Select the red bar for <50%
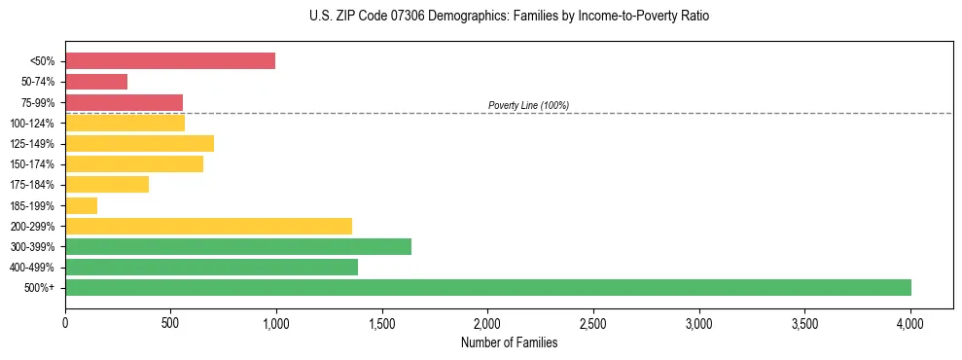pos(170,61)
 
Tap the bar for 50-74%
pos(96,82)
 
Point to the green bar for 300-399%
pos(238,246)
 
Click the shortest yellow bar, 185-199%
pos(82,205)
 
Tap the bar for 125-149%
pos(139,144)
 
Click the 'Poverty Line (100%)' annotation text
pos(528,105)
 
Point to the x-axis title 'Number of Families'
pos(509,342)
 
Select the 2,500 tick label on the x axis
pos(593,322)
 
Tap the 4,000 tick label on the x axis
pos(910,322)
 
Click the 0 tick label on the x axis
pos(65,322)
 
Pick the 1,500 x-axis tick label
pos(382,322)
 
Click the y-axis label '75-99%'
pos(37,103)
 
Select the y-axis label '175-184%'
pos(32,185)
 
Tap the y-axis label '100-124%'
pos(32,124)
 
